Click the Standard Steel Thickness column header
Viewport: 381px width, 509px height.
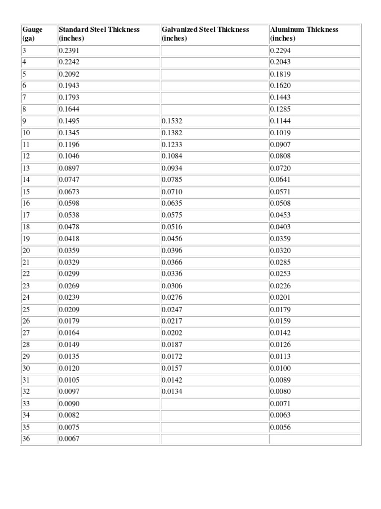pyautogui.click(x=99, y=33)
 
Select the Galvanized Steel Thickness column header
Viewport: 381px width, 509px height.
pyautogui.click(x=205, y=33)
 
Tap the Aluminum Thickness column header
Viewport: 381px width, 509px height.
pyautogui.click(x=304, y=33)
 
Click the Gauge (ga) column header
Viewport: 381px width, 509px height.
pyautogui.click(x=32, y=33)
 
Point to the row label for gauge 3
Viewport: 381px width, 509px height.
pyautogui.click(x=24, y=51)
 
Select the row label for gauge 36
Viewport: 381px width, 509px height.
pyautogui.click(x=26, y=438)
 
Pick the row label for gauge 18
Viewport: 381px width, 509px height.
pyautogui.click(x=26, y=227)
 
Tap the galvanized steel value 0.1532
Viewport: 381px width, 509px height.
pyautogui.click(x=172, y=121)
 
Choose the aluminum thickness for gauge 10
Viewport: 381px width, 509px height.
pyautogui.click(x=280, y=133)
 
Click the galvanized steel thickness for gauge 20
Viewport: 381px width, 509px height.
pyautogui.click(x=172, y=251)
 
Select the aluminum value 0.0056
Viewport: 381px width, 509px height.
pyautogui.click(x=280, y=427)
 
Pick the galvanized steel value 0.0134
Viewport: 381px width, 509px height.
pyautogui.click(x=172, y=391)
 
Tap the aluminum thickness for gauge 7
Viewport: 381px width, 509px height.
pyautogui.click(x=280, y=97)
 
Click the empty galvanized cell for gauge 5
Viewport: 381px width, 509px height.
pyautogui.click(x=214, y=74)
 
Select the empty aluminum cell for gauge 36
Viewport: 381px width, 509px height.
pyautogui.click(x=315, y=438)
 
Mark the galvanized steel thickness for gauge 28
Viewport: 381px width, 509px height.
pyautogui.click(x=172, y=344)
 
